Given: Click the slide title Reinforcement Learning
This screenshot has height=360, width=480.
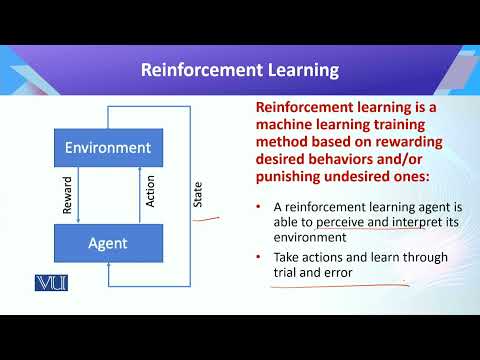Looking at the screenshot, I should (x=239, y=70).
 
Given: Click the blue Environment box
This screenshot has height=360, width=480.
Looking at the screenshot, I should (x=108, y=148).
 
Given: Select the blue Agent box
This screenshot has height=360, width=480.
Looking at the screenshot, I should (x=108, y=242).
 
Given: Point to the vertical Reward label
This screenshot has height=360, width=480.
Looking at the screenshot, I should (x=68, y=196).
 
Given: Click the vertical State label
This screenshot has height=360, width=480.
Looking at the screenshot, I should (x=197, y=194).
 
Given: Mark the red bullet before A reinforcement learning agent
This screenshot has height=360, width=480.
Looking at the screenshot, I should (x=259, y=204).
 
